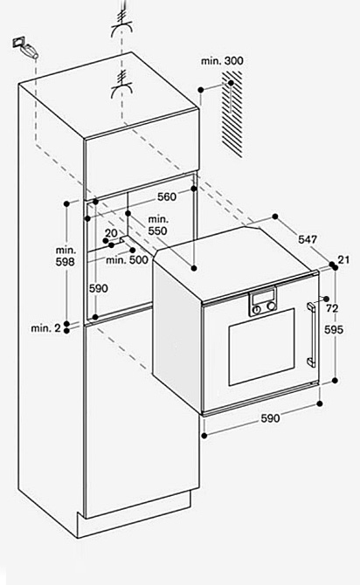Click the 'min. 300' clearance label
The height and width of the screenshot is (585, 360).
point(222,61)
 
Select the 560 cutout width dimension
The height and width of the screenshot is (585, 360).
point(167,196)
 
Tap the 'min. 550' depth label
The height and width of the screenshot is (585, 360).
point(158,225)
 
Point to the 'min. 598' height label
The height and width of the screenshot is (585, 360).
point(66,256)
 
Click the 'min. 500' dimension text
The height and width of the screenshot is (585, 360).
point(127,260)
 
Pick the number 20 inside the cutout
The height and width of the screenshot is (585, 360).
point(111,233)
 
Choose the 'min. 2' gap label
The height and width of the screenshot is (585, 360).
point(45,328)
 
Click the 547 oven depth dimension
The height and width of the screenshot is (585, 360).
point(308,239)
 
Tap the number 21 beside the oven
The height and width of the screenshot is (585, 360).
point(343,259)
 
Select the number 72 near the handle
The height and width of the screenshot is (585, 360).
point(332,308)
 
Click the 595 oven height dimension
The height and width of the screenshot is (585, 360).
point(334,330)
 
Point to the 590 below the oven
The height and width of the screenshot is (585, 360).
point(270,418)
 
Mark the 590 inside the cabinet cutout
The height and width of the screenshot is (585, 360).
point(98,288)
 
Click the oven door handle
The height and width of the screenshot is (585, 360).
point(311,334)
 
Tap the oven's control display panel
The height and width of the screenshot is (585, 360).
point(262,299)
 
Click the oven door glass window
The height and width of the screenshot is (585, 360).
point(261,347)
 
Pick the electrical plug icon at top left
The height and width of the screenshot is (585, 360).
point(25,47)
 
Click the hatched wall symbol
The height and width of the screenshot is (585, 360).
point(232,114)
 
